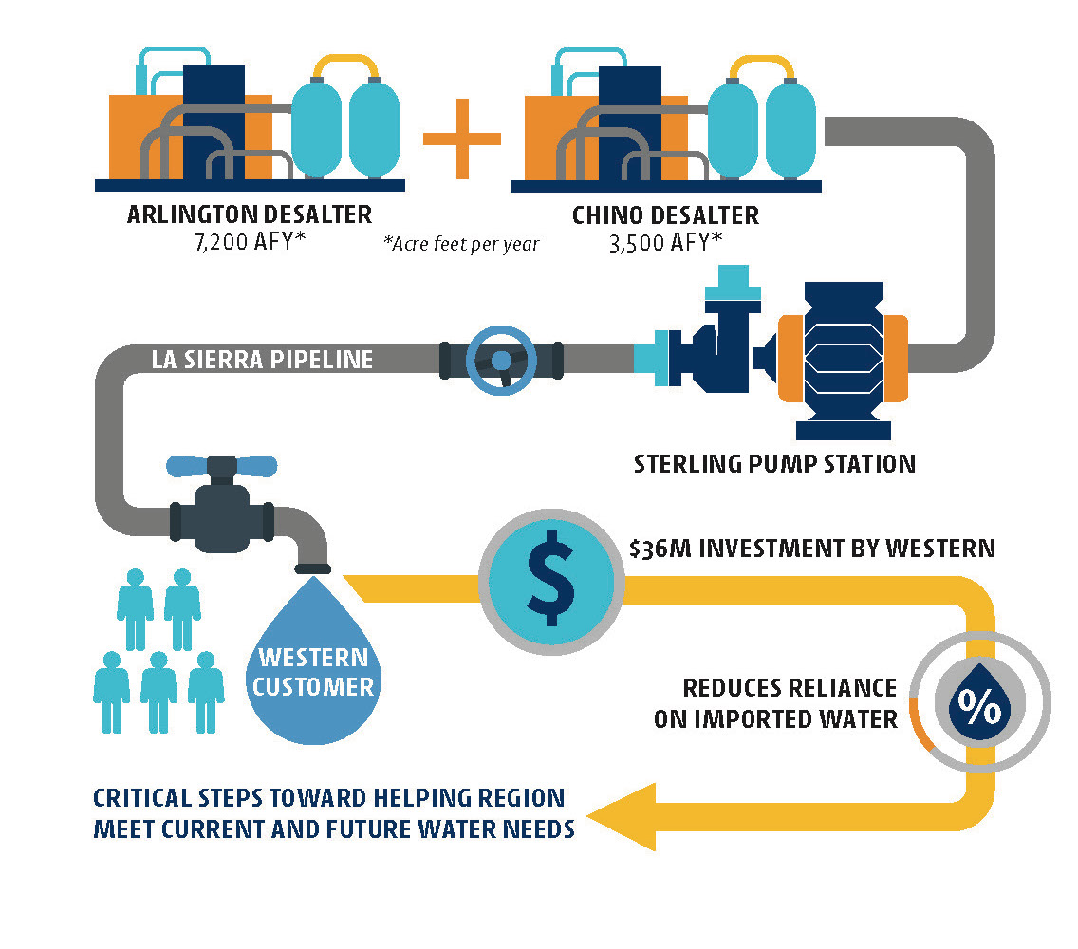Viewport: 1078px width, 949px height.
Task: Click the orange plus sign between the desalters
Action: click(x=461, y=139)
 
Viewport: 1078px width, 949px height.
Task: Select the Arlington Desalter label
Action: click(x=249, y=214)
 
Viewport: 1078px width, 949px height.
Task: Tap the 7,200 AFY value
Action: click(x=249, y=242)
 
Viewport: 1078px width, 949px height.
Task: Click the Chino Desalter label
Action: click(x=665, y=215)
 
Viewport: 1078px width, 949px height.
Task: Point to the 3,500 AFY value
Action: click(x=665, y=243)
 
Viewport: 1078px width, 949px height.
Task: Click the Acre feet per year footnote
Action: click(x=461, y=244)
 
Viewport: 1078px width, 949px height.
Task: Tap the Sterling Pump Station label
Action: click(x=774, y=464)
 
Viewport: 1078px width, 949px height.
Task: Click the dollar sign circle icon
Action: click(x=551, y=578)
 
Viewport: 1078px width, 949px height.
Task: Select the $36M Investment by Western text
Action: click(x=812, y=548)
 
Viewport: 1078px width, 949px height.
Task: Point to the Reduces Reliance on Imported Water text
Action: click(x=775, y=703)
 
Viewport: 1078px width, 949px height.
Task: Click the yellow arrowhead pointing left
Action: click(x=626, y=815)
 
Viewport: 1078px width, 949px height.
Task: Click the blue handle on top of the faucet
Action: click(x=221, y=466)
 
